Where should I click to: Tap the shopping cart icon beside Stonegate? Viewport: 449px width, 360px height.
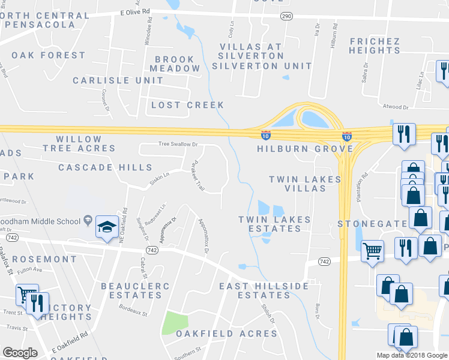point(373,250)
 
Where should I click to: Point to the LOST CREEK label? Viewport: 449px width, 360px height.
point(187,105)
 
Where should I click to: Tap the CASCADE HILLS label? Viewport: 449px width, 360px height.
point(105,167)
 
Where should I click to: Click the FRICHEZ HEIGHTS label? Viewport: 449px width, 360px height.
point(375,46)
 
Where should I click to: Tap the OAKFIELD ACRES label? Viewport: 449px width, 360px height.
point(226,334)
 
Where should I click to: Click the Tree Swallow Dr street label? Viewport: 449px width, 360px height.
point(178,144)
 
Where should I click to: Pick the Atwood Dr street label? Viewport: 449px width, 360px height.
point(395,107)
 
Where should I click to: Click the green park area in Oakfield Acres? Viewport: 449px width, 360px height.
point(175,323)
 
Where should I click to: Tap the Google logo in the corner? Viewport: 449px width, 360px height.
point(20,353)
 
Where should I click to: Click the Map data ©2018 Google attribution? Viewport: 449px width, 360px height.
point(412,355)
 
